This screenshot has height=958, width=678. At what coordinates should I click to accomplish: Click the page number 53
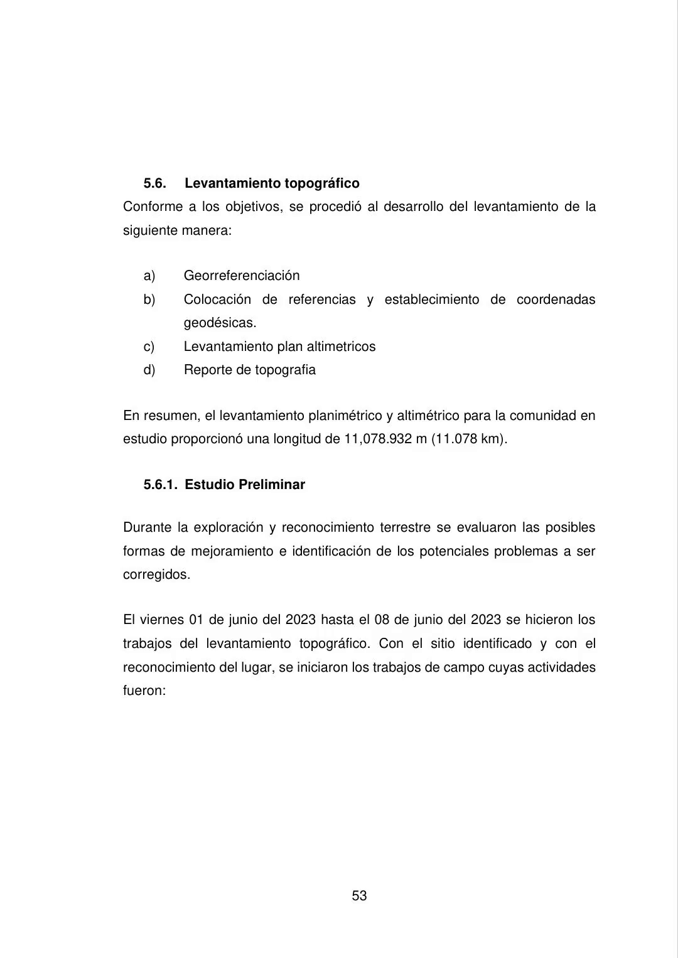click(359, 896)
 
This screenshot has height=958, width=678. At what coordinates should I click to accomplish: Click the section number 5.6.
click(154, 183)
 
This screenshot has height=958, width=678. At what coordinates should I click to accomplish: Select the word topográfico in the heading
click(322, 183)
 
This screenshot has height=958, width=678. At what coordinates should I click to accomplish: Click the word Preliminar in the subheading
click(272, 485)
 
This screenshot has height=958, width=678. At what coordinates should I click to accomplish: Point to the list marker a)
click(149, 276)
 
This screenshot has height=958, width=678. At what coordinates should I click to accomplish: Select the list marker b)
click(149, 299)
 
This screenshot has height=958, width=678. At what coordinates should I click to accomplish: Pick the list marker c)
click(149, 347)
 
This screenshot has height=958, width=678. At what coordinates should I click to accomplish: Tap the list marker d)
click(149, 370)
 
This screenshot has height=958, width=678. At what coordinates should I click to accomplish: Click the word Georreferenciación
click(242, 276)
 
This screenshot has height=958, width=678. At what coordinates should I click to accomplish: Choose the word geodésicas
click(220, 323)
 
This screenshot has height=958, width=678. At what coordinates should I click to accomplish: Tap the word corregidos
click(156, 575)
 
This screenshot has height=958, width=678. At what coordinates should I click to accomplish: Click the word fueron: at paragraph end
click(144, 691)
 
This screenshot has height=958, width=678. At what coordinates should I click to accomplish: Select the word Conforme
click(153, 207)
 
